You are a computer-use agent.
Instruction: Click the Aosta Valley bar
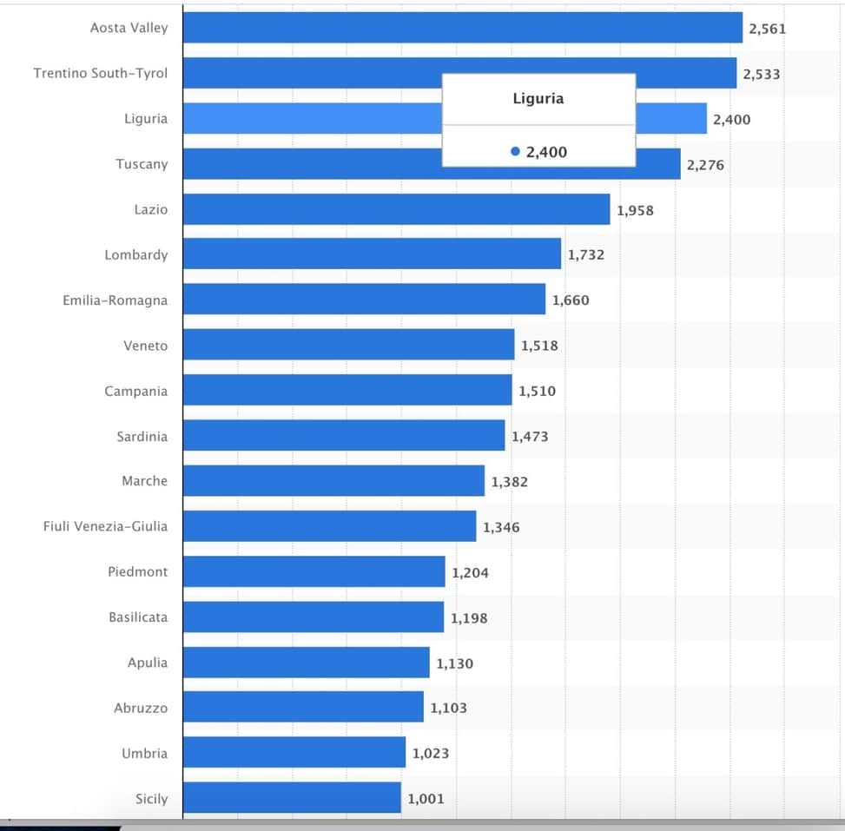[x=463, y=28]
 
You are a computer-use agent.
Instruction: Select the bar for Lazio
[x=396, y=209]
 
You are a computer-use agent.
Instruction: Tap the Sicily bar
[x=292, y=798]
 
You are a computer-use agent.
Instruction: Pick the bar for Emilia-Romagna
[x=364, y=300]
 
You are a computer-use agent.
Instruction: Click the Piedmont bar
[x=314, y=571]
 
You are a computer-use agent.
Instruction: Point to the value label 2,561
[x=767, y=29]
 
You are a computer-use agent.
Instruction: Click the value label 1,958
[x=635, y=210]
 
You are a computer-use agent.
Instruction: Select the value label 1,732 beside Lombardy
[x=586, y=255]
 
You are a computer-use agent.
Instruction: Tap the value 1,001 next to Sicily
[x=426, y=799]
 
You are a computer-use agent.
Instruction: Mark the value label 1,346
[x=501, y=527]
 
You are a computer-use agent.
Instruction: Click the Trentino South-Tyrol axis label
[x=101, y=73]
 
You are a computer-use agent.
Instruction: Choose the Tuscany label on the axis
[x=142, y=164]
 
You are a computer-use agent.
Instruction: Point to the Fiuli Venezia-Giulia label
[x=106, y=526]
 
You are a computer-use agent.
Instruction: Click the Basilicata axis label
[x=138, y=617]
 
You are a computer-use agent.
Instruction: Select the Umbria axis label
[x=144, y=753]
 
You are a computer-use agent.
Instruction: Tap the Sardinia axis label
[x=142, y=436]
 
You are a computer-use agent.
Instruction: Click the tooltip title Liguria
[x=538, y=99]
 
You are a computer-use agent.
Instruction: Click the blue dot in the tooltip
[x=516, y=152]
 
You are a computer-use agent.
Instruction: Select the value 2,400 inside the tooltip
[x=546, y=152]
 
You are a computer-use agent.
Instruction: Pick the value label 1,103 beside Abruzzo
[x=448, y=708]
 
